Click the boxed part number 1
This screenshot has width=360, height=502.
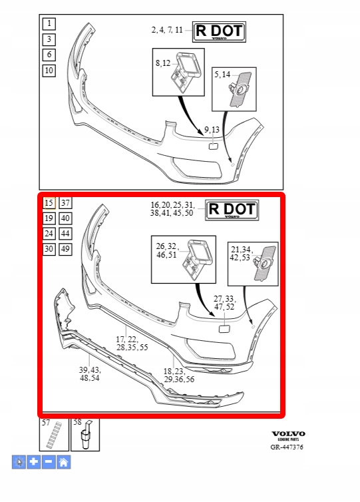[49, 23]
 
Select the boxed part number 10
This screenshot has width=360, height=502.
[49, 71]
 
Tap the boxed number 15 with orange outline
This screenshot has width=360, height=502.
[49, 203]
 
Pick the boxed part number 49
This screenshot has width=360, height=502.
[65, 249]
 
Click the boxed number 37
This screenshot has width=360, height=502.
[65, 203]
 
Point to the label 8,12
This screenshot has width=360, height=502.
[163, 63]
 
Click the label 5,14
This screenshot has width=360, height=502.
[222, 75]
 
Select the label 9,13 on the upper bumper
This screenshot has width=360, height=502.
[212, 129]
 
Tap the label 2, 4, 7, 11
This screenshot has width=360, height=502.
[167, 30]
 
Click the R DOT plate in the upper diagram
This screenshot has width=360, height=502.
[219, 32]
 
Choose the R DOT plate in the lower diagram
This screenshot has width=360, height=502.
[232, 210]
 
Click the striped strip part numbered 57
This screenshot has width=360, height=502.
[54, 435]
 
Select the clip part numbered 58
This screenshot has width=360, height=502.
[85, 435]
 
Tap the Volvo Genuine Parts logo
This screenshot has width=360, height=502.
[288, 435]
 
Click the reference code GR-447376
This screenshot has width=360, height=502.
[287, 447]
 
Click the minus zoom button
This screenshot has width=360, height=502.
[49, 462]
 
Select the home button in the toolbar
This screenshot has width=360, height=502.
[64, 462]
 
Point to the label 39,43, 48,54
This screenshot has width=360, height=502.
[90, 374]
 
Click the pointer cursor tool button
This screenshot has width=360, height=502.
[19, 462]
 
